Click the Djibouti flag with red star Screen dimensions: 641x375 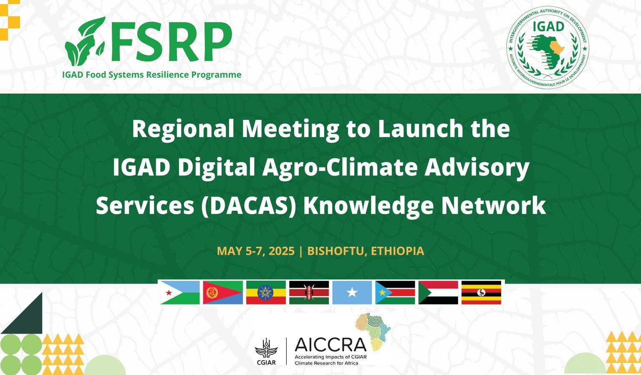point(180,292)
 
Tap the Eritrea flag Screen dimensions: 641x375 point(223,292)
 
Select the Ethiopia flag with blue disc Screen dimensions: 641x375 point(266,292)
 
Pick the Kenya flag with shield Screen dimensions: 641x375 point(309,292)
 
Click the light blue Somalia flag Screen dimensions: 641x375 point(352,292)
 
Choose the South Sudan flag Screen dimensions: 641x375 point(395,292)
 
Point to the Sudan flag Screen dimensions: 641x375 point(438,292)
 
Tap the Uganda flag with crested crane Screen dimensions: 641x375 point(481,292)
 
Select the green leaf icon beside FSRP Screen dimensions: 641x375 point(85,41)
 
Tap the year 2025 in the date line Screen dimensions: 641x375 point(282,251)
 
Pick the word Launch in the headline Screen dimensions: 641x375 point(420,129)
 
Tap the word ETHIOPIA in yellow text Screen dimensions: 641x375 point(397,251)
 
